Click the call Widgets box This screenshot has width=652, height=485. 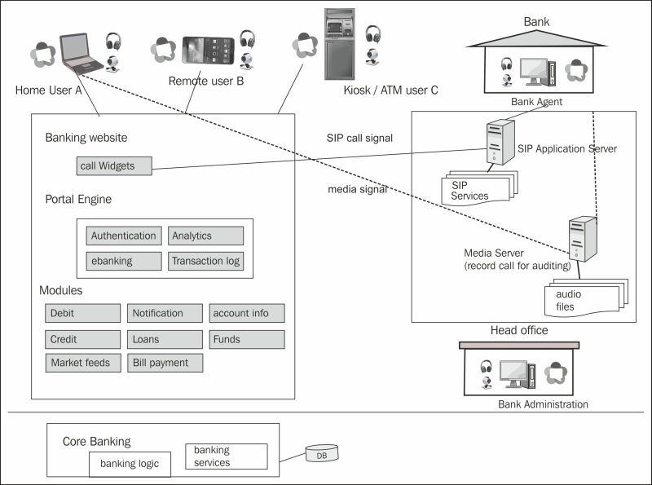click(113, 166)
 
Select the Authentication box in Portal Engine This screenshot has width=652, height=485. click(123, 236)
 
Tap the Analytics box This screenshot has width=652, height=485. click(205, 236)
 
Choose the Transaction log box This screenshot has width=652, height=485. click(205, 261)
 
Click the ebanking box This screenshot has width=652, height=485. click(123, 261)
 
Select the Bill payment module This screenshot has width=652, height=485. click(165, 362)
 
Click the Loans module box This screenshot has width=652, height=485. click(165, 338)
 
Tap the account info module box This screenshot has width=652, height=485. click(247, 313)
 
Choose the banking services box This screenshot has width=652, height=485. click(227, 456)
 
